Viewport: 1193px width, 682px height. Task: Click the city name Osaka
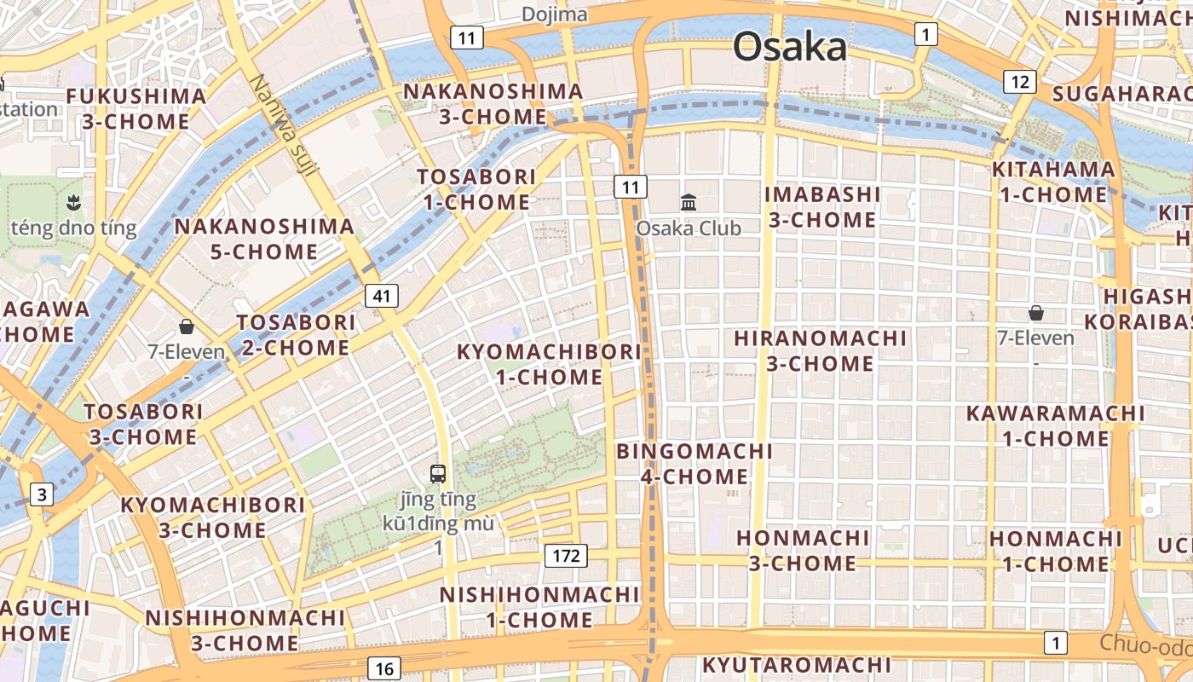coord(790,48)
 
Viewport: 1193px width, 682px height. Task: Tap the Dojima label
coord(555,14)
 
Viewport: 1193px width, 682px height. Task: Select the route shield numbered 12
coord(1019,82)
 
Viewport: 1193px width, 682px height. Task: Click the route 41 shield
coord(382,296)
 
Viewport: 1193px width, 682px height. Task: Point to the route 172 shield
coord(566,557)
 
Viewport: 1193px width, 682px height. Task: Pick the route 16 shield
coord(384,669)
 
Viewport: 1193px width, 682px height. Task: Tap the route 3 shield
coord(41,494)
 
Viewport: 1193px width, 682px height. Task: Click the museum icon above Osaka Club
coord(689,202)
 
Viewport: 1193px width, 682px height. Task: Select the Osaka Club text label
coord(689,228)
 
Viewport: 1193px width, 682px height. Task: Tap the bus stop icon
coord(438,474)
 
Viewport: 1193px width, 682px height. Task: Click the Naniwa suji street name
coord(284,125)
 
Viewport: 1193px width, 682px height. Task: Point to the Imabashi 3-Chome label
coord(822,207)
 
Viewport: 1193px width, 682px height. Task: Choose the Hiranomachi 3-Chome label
coord(821,350)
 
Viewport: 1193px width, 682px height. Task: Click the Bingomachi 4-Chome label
coord(694,464)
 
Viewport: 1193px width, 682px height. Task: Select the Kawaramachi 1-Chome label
coord(1055,426)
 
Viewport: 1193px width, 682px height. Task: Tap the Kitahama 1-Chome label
coord(1053,182)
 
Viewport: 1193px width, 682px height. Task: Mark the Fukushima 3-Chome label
coord(136,109)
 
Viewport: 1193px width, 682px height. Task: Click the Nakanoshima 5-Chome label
coord(264,239)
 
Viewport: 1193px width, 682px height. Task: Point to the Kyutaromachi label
coord(797,665)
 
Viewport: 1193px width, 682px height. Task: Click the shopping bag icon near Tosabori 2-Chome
coord(186,327)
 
